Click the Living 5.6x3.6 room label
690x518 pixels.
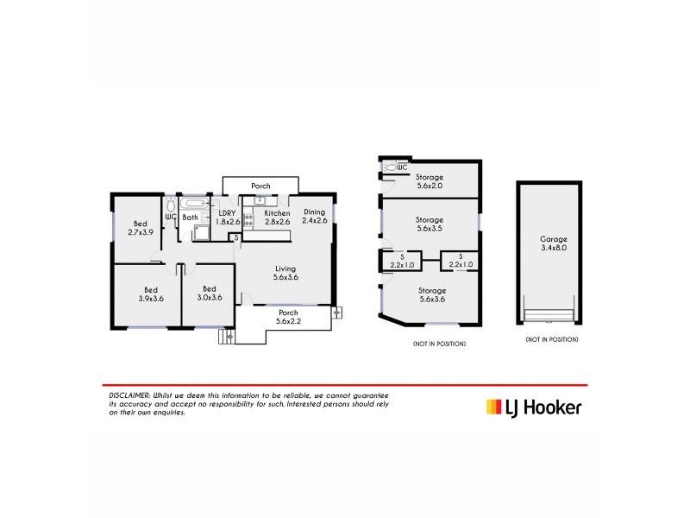click(285, 273)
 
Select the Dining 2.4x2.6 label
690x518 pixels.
click(314, 217)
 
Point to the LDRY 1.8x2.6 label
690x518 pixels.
click(228, 217)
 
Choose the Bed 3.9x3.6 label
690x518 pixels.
click(150, 294)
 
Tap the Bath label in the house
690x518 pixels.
click(190, 218)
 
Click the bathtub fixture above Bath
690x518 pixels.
click(193, 204)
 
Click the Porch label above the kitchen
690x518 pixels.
click(260, 186)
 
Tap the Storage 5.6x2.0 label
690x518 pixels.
click(429, 181)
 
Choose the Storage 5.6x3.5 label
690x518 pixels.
click(429, 224)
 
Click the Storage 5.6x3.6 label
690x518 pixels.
click(429, 295)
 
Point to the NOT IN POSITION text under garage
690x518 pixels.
click(552, 340)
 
